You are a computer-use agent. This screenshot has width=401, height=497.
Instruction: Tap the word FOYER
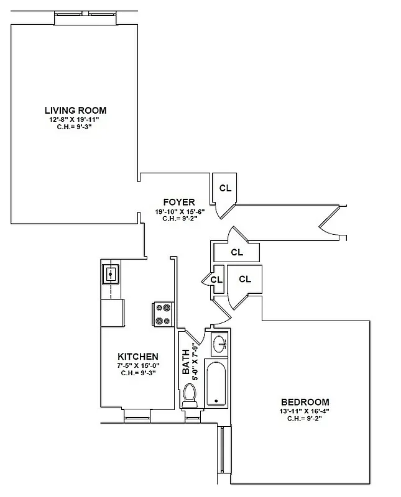click(x=179, y=203)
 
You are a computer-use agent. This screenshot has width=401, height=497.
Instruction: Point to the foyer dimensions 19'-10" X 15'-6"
click(x=179, y=211)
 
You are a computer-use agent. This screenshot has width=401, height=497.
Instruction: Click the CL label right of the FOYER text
click(x=225, y=188)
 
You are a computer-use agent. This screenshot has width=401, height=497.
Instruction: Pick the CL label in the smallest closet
click(x=216, y=280)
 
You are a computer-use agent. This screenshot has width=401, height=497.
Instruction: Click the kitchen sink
click(x=111, y=273)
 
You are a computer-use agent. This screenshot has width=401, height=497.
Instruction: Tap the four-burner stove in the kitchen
click(x=163, y=314)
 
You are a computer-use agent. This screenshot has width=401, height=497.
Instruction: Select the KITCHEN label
click(x=137, y=357)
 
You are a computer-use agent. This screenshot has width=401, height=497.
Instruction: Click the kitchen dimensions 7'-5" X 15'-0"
click(x=137, y=365)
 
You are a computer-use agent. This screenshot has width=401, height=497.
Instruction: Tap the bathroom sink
click(x=219, y=342)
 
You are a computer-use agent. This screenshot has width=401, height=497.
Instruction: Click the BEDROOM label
click(x=305, y=402)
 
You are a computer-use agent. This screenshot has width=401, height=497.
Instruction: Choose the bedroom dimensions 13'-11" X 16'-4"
click(x=305, y=411)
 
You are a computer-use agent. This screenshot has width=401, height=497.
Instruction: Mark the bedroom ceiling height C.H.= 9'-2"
click(x=305, y=418)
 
